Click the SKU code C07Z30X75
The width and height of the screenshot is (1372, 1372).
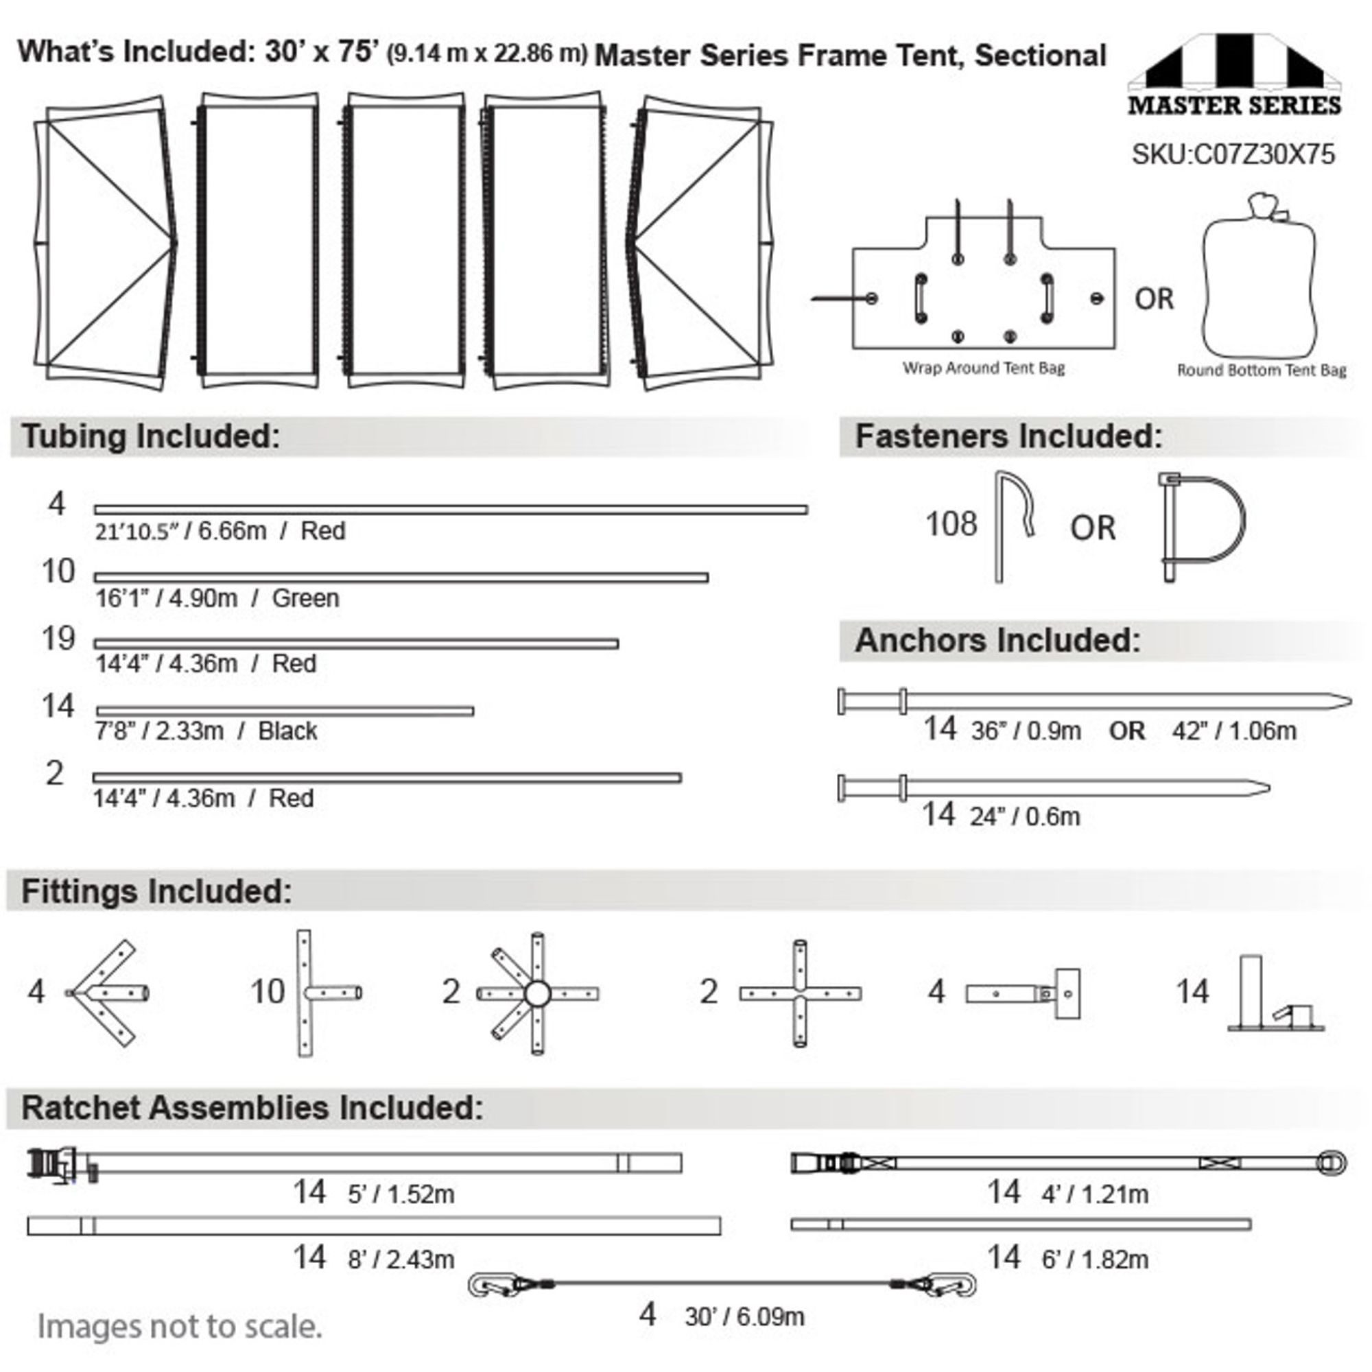pos(1233,154)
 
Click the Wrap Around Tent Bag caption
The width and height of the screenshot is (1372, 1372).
pos(984,368)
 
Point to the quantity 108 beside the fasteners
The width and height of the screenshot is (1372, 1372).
pos(951,524)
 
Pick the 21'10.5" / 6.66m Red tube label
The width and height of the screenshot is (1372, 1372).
pos(220,531)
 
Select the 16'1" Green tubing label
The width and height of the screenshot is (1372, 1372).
pos(217,598)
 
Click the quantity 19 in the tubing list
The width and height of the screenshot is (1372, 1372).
pos(58,639)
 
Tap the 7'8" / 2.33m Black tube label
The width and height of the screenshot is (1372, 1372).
pos(206,731)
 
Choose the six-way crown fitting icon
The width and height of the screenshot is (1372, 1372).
pos(538,993)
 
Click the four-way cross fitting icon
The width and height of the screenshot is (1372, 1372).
pos(801,993)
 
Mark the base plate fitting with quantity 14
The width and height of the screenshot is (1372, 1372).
pos(1276,993)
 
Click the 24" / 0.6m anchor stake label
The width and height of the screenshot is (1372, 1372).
pos(1025,816)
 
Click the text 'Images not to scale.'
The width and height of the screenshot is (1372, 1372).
pos(180,1327)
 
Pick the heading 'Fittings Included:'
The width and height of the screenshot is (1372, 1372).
pos(156,891)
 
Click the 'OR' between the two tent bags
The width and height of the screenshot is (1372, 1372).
pos(1154,299)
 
